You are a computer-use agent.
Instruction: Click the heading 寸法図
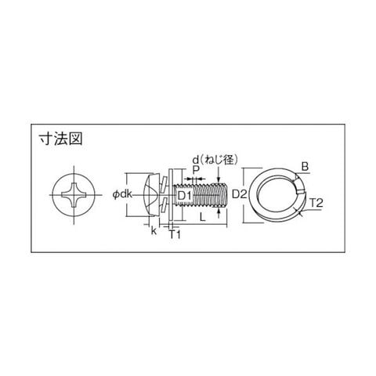60,139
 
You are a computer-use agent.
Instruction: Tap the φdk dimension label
122,194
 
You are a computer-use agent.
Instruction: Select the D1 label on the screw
185,195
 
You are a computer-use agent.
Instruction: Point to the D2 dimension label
240,194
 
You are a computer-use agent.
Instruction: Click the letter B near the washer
305,167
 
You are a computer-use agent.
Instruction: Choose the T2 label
316,203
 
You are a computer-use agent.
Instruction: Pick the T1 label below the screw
175,234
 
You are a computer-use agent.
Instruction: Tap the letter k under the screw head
154,230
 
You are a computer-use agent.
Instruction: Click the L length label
203,217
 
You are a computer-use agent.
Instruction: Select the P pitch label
196,170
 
